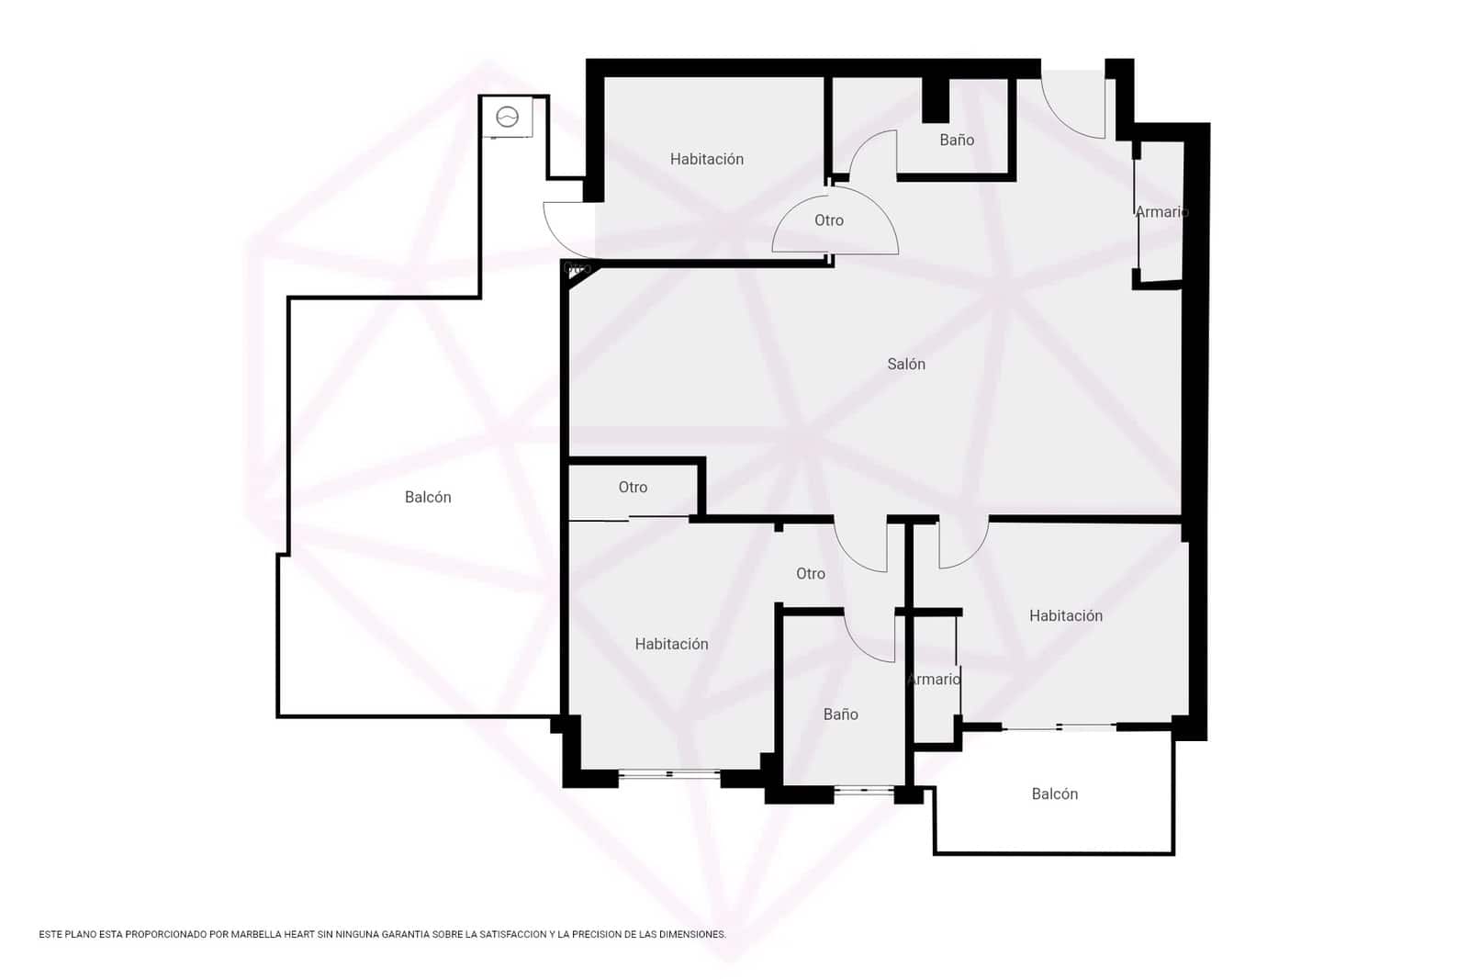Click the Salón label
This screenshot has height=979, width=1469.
tap(905, 365)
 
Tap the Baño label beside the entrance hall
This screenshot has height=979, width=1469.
tap(956, 141)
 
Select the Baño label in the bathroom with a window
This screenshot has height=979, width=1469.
tap(840, 715)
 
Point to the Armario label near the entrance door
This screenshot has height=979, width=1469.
tap(1161, 212)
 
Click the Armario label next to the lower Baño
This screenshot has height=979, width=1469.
tap(933, 680)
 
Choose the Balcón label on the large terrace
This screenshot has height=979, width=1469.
tap(428, 498)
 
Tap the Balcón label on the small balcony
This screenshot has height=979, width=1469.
tap(1054, 794)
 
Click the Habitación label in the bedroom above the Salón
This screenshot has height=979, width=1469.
tap(706, 160)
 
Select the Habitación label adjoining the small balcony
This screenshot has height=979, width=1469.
tap(1065, 616)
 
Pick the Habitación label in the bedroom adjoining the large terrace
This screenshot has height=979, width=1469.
tap(671, 645)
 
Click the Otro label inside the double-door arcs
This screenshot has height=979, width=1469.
tap(828, 220)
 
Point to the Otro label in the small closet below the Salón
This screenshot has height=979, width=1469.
tap(633, 488)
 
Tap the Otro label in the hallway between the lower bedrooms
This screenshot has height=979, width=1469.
tap(810, 574)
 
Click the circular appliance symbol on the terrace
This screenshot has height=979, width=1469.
tap(508, 118)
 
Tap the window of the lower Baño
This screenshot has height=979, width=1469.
tap(864, 790)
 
